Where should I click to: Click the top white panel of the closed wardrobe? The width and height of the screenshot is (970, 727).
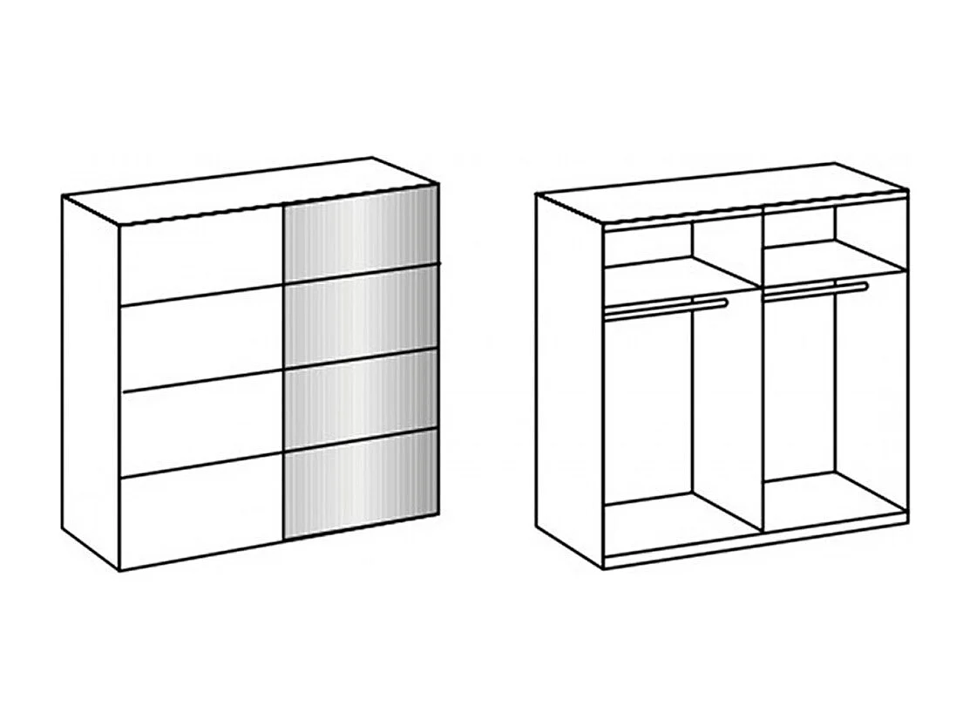(x=201, y=260)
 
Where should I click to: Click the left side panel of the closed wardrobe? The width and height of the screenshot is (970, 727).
(x=91, y=384)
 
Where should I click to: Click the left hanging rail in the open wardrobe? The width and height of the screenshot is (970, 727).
(x=667, y=306)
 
